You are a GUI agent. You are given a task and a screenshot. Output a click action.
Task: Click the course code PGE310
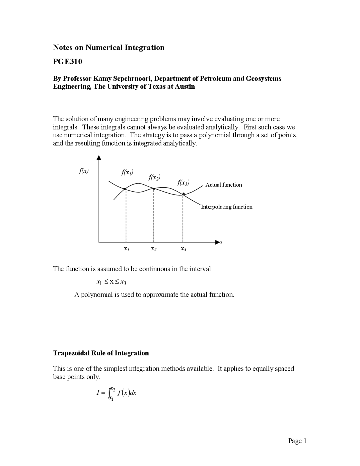pos(67,62)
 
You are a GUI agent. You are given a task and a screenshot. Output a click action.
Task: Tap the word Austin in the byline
pos(185,86)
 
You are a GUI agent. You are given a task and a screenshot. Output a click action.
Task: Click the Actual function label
pos(224,185)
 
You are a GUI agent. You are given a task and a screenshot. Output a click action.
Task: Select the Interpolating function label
pos(227,207)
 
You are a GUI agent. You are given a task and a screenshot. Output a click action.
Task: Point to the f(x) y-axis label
pos(84,171)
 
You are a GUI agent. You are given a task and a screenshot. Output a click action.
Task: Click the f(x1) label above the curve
pos(127,172)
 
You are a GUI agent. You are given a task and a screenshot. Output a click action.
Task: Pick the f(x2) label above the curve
pos(154,177)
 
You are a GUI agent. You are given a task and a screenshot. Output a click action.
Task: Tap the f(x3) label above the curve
pos(183,183)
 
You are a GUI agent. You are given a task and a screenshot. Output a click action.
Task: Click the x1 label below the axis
pos(126,249)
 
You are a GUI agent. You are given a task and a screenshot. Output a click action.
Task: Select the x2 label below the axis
pos(154,249)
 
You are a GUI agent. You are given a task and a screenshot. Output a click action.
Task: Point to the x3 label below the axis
pos(183,249)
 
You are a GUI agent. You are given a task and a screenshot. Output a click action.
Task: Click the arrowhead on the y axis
pos(99,158)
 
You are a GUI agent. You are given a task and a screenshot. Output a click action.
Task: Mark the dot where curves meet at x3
pos(183,194)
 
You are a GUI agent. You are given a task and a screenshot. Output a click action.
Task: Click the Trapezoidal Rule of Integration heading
pos(101,353)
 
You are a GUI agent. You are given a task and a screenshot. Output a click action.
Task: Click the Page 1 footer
pos(297,441)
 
